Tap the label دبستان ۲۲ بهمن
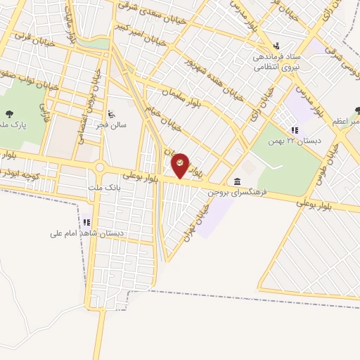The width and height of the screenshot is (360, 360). tap(295, 140)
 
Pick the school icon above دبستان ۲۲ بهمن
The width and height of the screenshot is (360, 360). tap(295, 130)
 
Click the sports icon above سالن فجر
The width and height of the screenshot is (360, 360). tap(112, 112)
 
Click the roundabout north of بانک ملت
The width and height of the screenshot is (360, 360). tap(101, 167)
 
